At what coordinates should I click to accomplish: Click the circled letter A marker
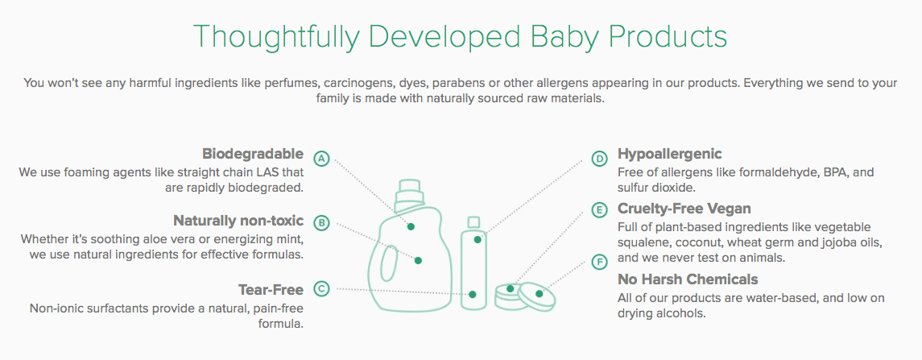(x=321, y=158)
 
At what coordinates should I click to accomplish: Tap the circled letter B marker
(x=321, y=222)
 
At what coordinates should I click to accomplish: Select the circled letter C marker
(x=321, y=288)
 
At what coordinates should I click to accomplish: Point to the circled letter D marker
(x=599, y=158)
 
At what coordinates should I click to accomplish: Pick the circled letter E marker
(x=599, y=210)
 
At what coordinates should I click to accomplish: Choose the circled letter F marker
(x=599, y=262)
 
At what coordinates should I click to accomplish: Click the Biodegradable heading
(x=253, y=154)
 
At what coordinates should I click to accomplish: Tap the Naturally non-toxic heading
(x=238, y=221)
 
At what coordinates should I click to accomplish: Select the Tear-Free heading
(x=271, y=289)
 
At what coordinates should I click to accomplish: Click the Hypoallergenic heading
(x=670, y=155)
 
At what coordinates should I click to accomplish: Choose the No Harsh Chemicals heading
(x=688, y=278)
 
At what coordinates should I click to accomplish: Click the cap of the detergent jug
(x=407, y=193)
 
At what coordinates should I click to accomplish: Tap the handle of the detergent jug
(x=388, y=264)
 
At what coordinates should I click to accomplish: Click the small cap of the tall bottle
(x=474, y=222)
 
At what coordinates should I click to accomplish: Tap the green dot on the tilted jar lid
(x=540, y=293)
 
